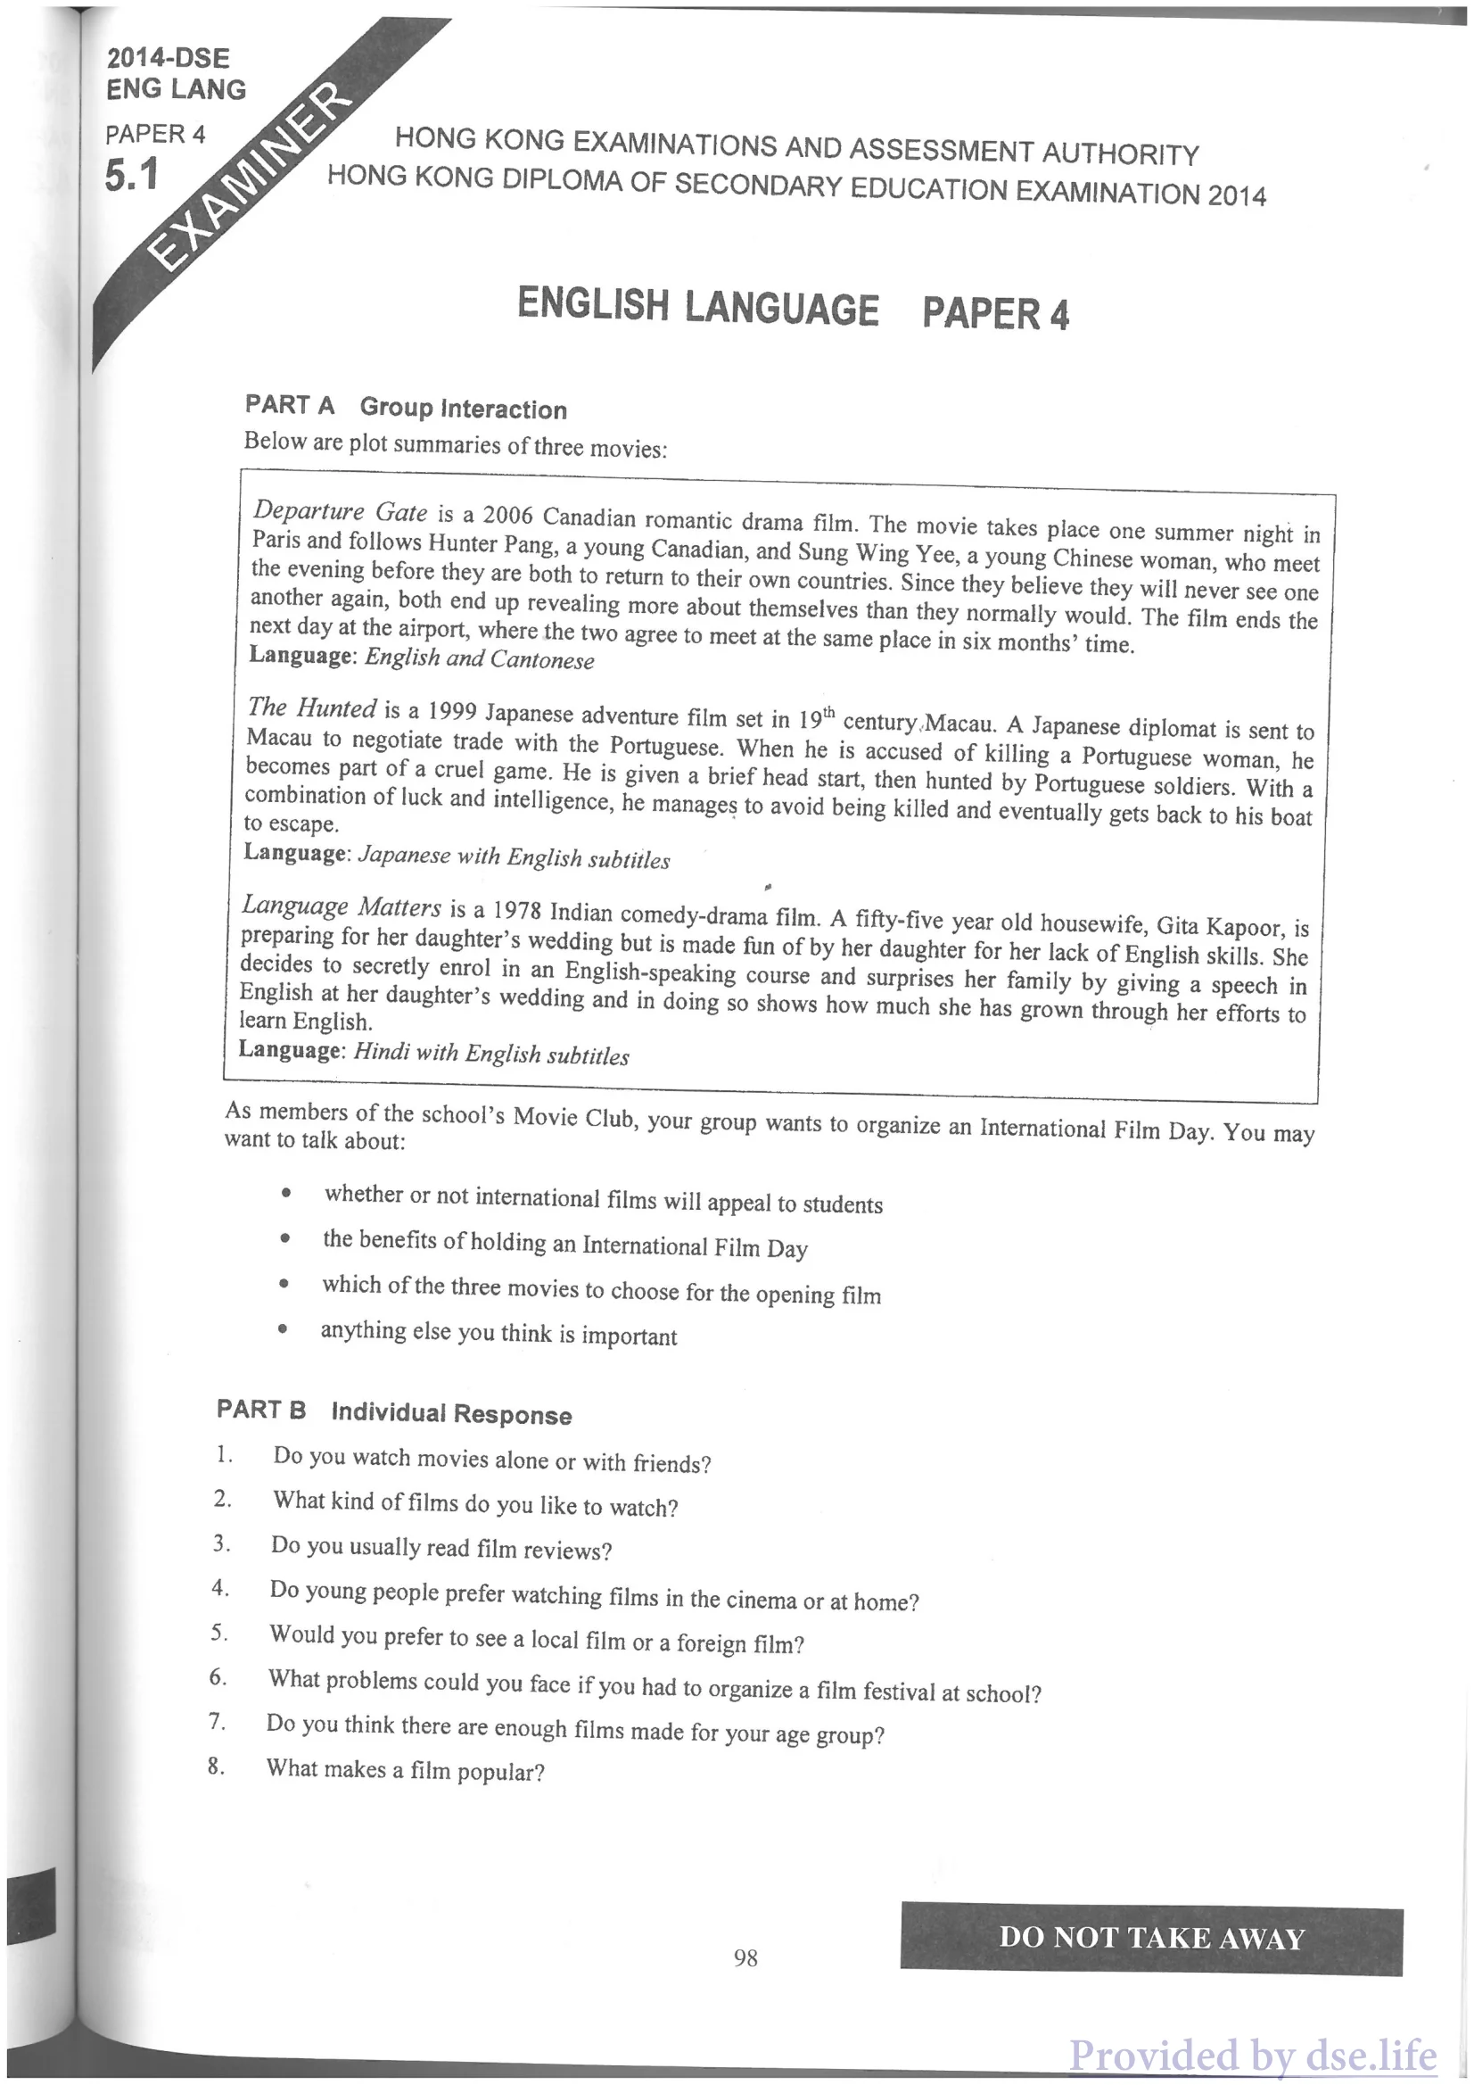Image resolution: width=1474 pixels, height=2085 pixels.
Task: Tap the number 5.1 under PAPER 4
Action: click(x=132, y=175)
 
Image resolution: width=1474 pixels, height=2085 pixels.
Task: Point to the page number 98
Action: click(x=745, y=1957)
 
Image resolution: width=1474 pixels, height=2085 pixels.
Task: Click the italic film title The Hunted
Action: click(x=311, y=708)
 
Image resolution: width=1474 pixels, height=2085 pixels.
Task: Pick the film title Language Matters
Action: click(x=342, y=906)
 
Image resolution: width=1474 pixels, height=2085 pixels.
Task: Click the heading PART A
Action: click(x=290, y=405)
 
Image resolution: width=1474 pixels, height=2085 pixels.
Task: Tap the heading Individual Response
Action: click(x=451, y=1414)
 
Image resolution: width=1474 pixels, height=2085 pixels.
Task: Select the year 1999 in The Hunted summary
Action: click(x=452, y=711)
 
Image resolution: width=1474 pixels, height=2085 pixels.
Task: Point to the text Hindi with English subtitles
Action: click(x=491, y=1054)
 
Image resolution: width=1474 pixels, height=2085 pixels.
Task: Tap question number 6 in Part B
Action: click(x=218, y=1677)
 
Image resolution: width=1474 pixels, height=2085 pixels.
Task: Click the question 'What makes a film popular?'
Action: click(x=405, y=1770)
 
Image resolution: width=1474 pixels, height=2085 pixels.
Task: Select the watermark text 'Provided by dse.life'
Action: click(x=1253, y=2054)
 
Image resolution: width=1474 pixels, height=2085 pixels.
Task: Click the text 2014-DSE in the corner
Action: click(x=168, y=58)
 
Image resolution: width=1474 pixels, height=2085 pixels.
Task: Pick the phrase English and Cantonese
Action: click(x=479, y=659)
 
